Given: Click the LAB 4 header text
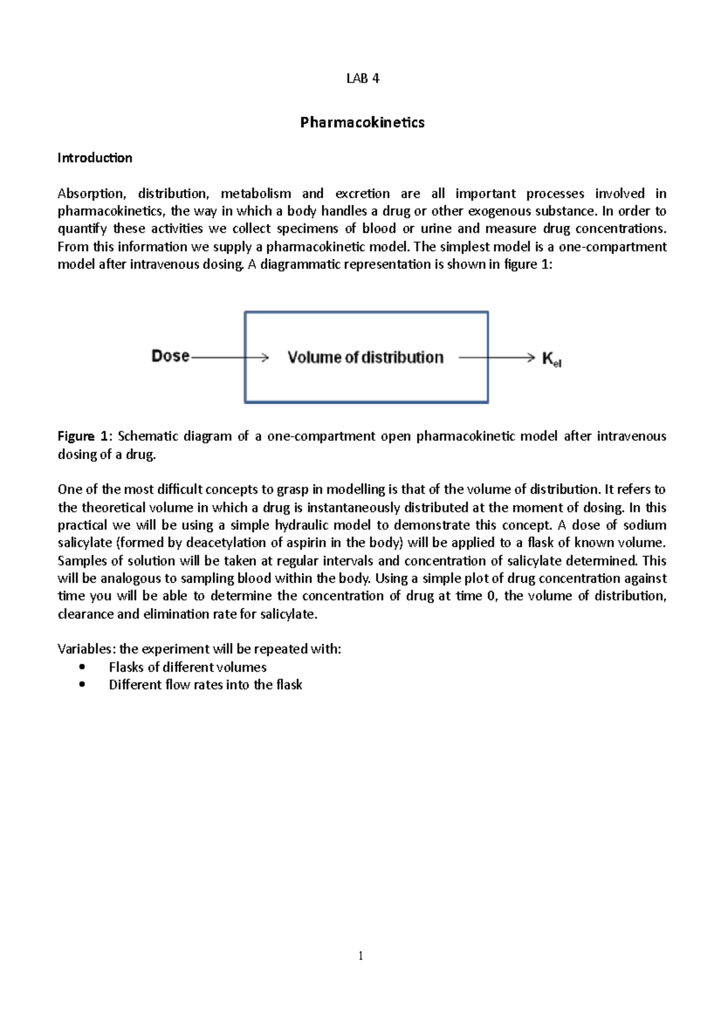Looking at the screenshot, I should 362,79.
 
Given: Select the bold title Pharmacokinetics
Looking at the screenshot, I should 362,123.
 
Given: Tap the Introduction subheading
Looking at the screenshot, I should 94,158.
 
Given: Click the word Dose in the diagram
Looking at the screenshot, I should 170,356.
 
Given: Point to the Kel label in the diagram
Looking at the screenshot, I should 551,359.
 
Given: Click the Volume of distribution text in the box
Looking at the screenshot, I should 365,357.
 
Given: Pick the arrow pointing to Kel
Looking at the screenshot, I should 496,358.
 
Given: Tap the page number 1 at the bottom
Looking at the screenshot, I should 360,956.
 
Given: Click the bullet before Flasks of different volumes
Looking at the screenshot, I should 82,667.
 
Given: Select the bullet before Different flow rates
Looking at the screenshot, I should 82,684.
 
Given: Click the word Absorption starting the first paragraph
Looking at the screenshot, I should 91,193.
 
